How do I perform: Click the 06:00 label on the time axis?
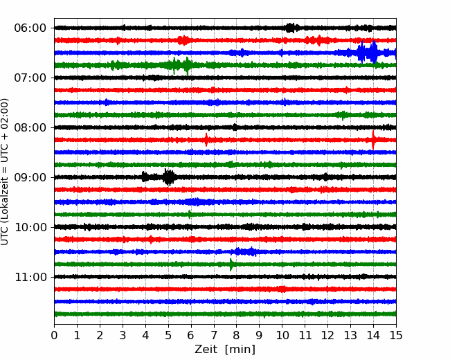click(x=30, y=28)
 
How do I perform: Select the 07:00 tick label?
click(x=30, y=78)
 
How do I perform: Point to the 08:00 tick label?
click(x=30, y=127)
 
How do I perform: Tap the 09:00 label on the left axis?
click(x=30, y=177)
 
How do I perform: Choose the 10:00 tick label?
click(x=30, y=227)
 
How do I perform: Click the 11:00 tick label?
click(x=30, y=277)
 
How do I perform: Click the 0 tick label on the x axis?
click(x=54, y=335)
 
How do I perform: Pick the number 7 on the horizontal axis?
click(x=214, y=335)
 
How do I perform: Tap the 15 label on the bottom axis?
click(x=396, y=335)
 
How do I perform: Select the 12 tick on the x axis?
click(x=327, y=335)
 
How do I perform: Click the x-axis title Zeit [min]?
click(x=225, y=350)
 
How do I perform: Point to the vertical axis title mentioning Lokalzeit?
click(x=5, y=172)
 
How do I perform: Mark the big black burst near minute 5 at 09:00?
click(x=169, y=177)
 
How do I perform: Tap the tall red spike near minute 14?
click(x=373, y=140)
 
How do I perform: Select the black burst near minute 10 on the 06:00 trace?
click(x=291, y=28)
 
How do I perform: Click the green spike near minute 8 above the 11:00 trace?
click(x=231, y=264)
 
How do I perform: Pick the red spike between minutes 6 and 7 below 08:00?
click(x=206, y=140)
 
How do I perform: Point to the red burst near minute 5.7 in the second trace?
click(x=183, y=40)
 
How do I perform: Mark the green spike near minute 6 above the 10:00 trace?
click(x=190, y=215)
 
